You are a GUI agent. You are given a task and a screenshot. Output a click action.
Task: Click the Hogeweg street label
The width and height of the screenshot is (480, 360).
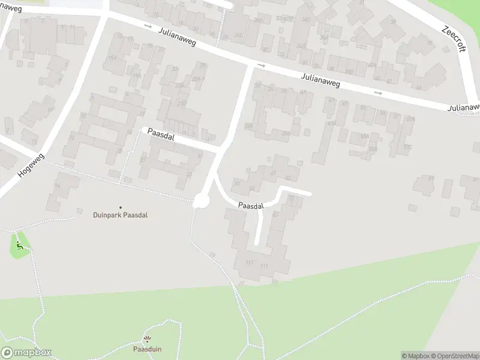pyautogui.click(x=28, y=162)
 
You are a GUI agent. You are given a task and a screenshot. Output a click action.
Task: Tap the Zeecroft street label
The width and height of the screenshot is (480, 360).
pyautogui.click(x=454, y=38)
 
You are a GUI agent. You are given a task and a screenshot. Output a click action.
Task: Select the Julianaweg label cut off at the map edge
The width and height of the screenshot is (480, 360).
pyautogui.click(x=464, y=107)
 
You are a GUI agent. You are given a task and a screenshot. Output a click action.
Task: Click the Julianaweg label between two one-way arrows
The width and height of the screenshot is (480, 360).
pyautogui.click(x=320, y=80)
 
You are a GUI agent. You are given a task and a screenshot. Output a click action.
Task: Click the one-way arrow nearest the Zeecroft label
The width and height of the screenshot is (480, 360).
pyautogui.click(x=377, y=93)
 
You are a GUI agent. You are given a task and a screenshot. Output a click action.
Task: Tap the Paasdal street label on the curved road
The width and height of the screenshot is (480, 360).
pyautogui.click(x=250, y=206)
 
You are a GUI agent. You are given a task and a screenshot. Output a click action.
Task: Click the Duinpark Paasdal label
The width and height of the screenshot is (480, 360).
pyautogui.click(x=120, y=215)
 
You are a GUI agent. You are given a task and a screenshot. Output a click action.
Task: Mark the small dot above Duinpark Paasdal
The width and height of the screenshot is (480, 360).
pyautogui.click(x=120, y=207)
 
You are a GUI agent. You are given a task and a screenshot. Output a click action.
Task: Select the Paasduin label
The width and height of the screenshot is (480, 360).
pyautogui.click(x=148, y=349)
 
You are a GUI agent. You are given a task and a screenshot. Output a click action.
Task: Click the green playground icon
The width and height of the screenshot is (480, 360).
pyautogui.click(x=20, y=245)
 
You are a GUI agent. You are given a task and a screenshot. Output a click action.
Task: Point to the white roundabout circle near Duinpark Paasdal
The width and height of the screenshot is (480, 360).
pyautogui.click(x=200, y=201)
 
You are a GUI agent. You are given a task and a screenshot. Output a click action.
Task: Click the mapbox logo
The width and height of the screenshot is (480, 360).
pyautogui.click(x=26, y=353)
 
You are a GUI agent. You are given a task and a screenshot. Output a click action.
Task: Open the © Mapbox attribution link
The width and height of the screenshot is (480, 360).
pyautogui.click(x=416, y=356)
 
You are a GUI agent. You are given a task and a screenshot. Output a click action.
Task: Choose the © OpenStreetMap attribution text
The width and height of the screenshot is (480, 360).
pyautogui.click(x=454, y=356)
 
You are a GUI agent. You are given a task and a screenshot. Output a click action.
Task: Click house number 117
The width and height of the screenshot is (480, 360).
pyautogui.click(x=249, y=263)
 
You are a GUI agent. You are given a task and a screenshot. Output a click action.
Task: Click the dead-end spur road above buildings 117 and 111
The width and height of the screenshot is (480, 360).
pyautogui.click(x=259, y=225)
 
